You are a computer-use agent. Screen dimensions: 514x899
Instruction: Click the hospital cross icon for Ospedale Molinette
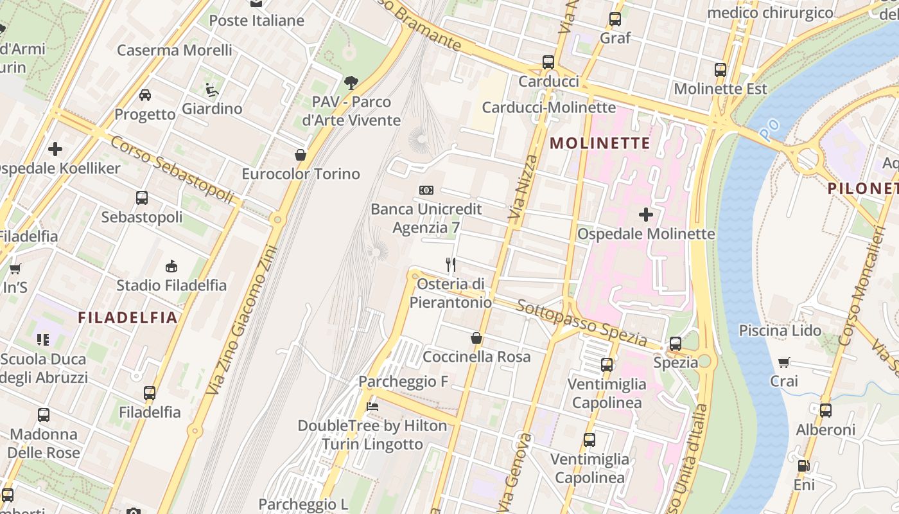tap(646, 215)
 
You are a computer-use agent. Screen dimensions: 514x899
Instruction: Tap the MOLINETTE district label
tap(600, 143)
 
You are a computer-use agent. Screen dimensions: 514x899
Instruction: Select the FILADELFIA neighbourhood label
tap(128, 317)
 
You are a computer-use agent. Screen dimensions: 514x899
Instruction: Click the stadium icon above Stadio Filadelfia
tap(171, 266)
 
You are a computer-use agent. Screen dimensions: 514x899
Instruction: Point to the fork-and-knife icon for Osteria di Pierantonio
tap(451, 264)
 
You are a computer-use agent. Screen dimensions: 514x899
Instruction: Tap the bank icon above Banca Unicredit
tap(426, 190)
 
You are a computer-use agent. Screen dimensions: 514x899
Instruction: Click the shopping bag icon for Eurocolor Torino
tap(300, 155)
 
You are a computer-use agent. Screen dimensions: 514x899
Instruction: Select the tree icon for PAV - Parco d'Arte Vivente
tap(351, 82)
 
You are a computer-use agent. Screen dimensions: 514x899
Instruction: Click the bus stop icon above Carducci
tap(548, 62)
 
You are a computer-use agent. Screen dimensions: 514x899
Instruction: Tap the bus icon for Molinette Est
tap(720, 70)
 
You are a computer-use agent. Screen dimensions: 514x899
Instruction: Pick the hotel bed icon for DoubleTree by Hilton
tap(372, 406)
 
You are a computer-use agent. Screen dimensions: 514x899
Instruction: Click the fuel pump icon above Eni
tap(803, 466)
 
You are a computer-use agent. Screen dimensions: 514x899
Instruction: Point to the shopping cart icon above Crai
tap(784, 362)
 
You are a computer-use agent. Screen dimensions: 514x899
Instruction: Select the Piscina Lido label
tap(780, 331)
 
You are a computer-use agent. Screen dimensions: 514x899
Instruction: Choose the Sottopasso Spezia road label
tap(582, 322)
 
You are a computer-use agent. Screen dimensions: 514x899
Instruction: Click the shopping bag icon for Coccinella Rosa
tap(476, 338)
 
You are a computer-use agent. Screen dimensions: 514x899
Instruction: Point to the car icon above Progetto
tap(145, 95)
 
